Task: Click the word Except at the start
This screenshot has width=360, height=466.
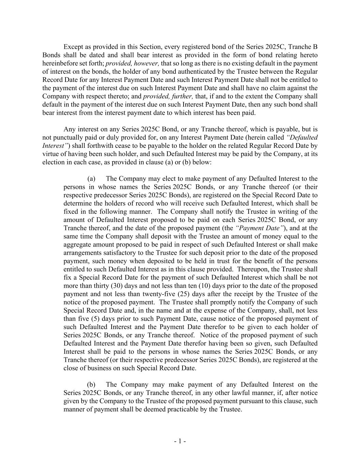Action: [x=74, y=47]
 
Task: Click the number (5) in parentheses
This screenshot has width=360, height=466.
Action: [x=97, y=319]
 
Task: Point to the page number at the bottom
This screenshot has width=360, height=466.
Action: [x=180, y=441]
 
